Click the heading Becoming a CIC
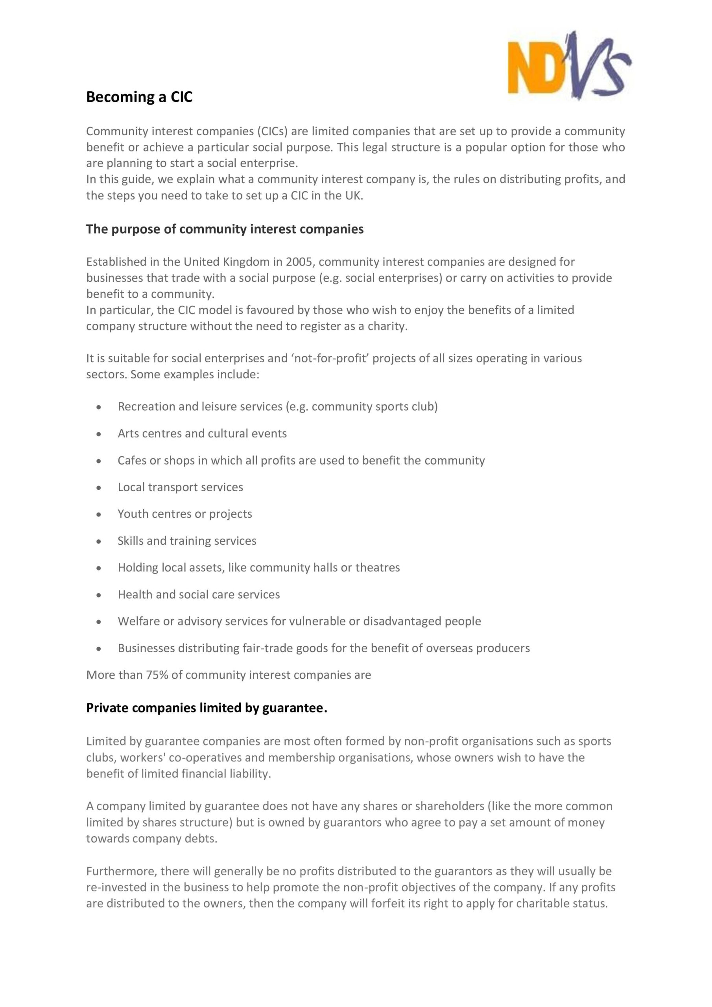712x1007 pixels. [x=139, y=97]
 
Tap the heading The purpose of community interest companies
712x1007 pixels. [x=225, y=229]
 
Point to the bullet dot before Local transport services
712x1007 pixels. [x=99, y=488]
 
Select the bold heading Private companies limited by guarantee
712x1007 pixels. [x=206, y=708]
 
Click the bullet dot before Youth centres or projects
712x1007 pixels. [x=99, y=515]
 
